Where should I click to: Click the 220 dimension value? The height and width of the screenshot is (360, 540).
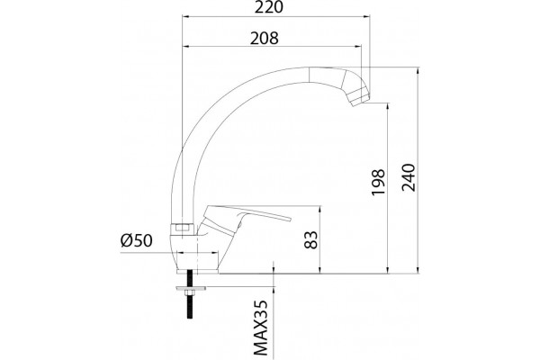click(268, 7)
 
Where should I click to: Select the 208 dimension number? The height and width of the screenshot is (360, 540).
click(264, 38)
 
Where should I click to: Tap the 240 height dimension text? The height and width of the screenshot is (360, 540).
click(409, 177)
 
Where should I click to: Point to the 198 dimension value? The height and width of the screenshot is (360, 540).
click(378, 182)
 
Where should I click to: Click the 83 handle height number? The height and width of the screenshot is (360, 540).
click(311, 239)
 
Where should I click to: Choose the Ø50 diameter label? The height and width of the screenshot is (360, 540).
click(136, 240)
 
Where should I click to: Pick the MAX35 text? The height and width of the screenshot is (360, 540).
click(261, 328)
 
